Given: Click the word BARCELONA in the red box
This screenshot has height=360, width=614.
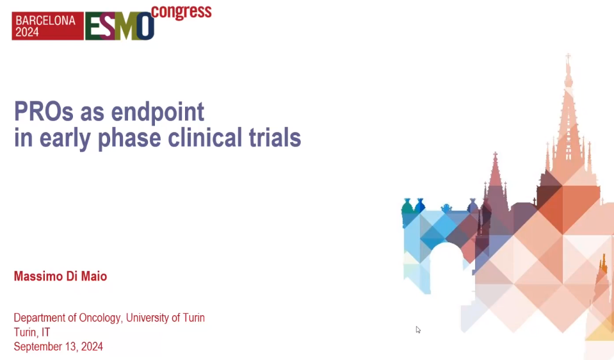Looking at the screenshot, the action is click(45, 20).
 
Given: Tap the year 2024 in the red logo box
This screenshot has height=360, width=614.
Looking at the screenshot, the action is click(27, 32).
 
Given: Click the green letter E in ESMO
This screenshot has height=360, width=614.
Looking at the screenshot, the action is click(94, 27).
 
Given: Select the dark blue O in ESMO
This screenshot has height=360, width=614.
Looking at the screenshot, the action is click(145, 27).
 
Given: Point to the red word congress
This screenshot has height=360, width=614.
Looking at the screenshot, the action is click(181, 12).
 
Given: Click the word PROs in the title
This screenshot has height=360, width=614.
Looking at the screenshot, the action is click(44, 111).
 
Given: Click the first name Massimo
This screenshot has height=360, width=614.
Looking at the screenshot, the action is click(38, 276).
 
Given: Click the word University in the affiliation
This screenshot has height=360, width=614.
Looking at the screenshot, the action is click(147, 318).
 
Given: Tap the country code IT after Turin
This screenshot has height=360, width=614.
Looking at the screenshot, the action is click(46, 332).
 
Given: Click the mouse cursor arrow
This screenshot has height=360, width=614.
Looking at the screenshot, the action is click(418, 329).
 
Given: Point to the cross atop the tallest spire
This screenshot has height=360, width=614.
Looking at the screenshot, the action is click(568, 57).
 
